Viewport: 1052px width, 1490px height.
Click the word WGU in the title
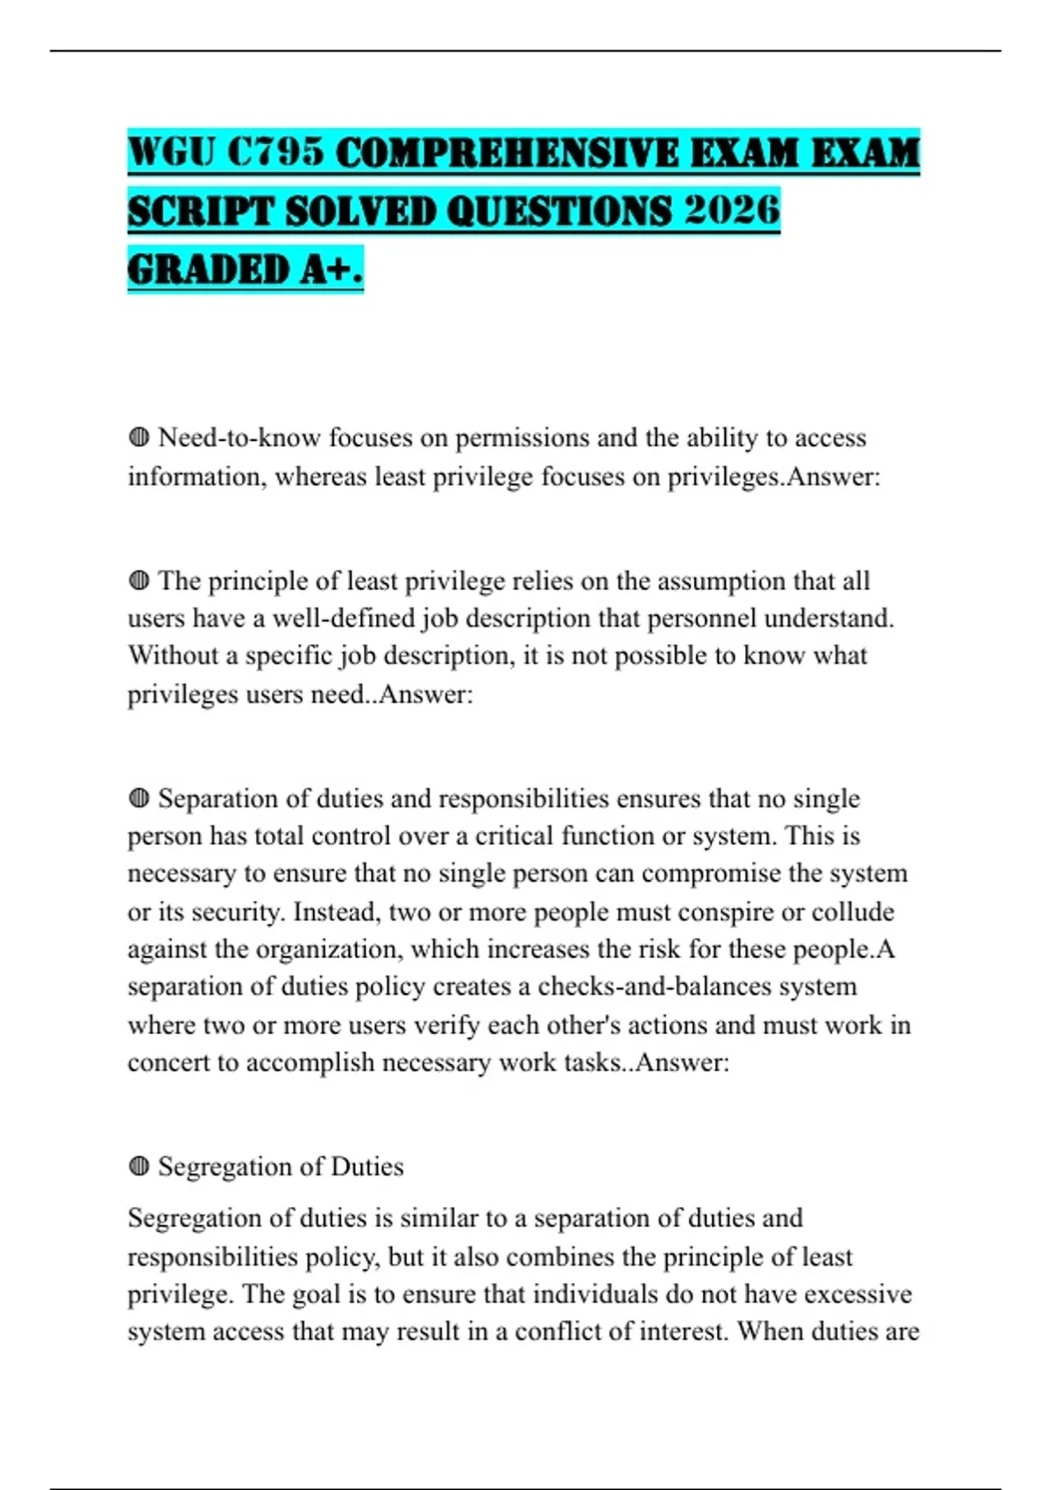click(x=169, y=153)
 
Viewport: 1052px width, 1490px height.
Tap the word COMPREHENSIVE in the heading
click(x=507, y=153)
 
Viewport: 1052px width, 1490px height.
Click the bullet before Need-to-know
click(x=139, y=436)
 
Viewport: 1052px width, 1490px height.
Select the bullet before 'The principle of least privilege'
click(x=139, y=580)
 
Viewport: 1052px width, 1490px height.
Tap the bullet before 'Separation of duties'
click(x=139, y=798)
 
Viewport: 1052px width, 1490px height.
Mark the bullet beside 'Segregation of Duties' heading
click(x=139, y=1167)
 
